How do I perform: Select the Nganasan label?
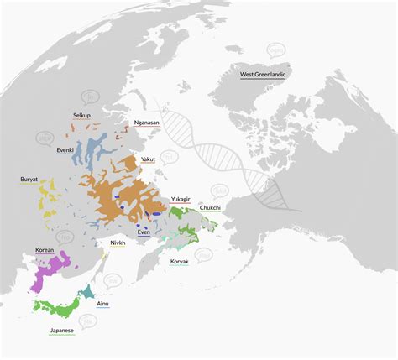tap(149, 123)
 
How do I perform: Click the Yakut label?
tap(148, 159)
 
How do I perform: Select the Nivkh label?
tap(118, 243)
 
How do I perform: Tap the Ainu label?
tap(102, 303)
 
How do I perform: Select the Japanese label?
tap(62, 331)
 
